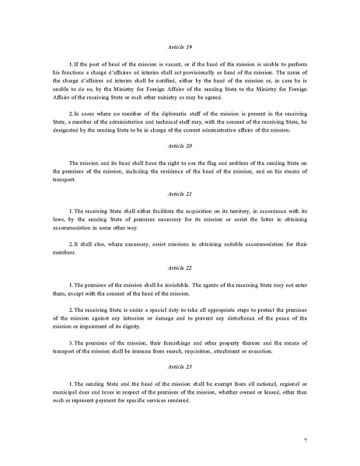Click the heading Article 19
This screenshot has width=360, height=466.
coord(180,47)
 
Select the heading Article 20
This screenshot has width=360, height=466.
coord(180,145)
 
